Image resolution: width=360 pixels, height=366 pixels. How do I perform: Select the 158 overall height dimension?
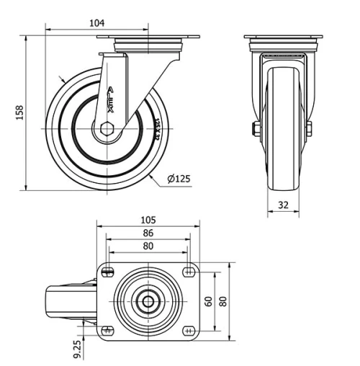pyautogui.click(x=20, y=112)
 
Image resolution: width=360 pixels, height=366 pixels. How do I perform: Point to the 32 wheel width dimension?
pyautogui.click(x=283, y=205)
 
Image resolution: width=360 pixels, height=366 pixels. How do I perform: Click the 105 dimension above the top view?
pyautogui.click(x=148, y=220)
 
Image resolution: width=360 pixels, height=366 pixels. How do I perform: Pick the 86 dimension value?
pyautogui.click(x=148, y=233)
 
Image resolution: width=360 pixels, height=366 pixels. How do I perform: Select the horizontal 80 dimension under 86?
pyautogui.click(x=148, y=246)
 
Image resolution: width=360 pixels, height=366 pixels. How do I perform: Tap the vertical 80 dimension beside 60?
pyautogui.click(x=222, y=301)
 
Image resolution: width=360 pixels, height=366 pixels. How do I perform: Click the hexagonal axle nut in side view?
pyautogui.click(x=107, y=130)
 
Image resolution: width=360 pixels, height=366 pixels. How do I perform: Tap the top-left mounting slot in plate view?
pyautogui.click(x=108, y=272)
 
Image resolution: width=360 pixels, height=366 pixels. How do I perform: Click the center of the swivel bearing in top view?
pyautogui.click(x=148, y=301)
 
